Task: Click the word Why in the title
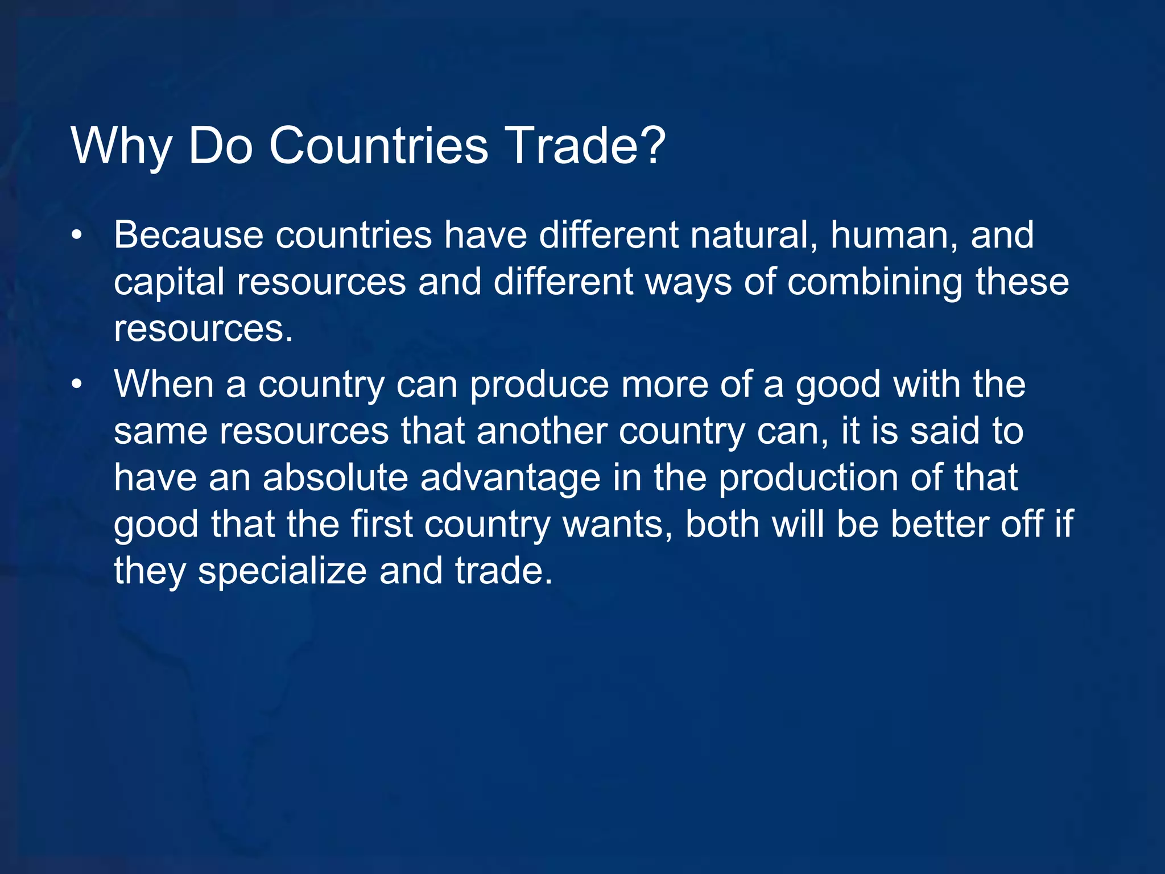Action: click(x=121, y=146)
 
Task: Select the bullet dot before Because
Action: click(x=77, y=235)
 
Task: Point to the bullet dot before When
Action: click(x=77, y=385)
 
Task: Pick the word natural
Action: click(x=754, y=235)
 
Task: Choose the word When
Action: click(x=164, y=385)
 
